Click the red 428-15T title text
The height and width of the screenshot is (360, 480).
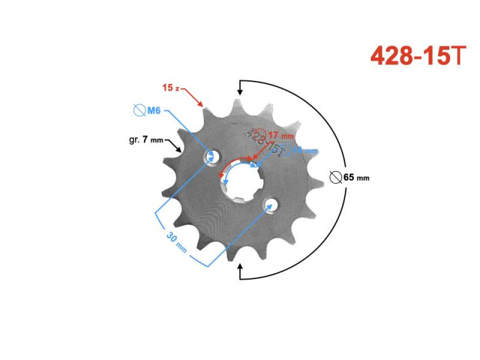coord(418,56)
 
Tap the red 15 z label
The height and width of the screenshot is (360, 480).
coord(170,87)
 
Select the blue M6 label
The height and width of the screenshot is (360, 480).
coord(153,110)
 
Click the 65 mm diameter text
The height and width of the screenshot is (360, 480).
coord(356,177)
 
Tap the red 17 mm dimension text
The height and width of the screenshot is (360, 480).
coord(280,135)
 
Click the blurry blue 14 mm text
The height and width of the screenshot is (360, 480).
coord(304,150)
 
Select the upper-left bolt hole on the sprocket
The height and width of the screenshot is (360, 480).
coord(212,157)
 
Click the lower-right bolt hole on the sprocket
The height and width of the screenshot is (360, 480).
coord(271,205)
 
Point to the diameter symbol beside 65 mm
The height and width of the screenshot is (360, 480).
coord(336,177)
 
